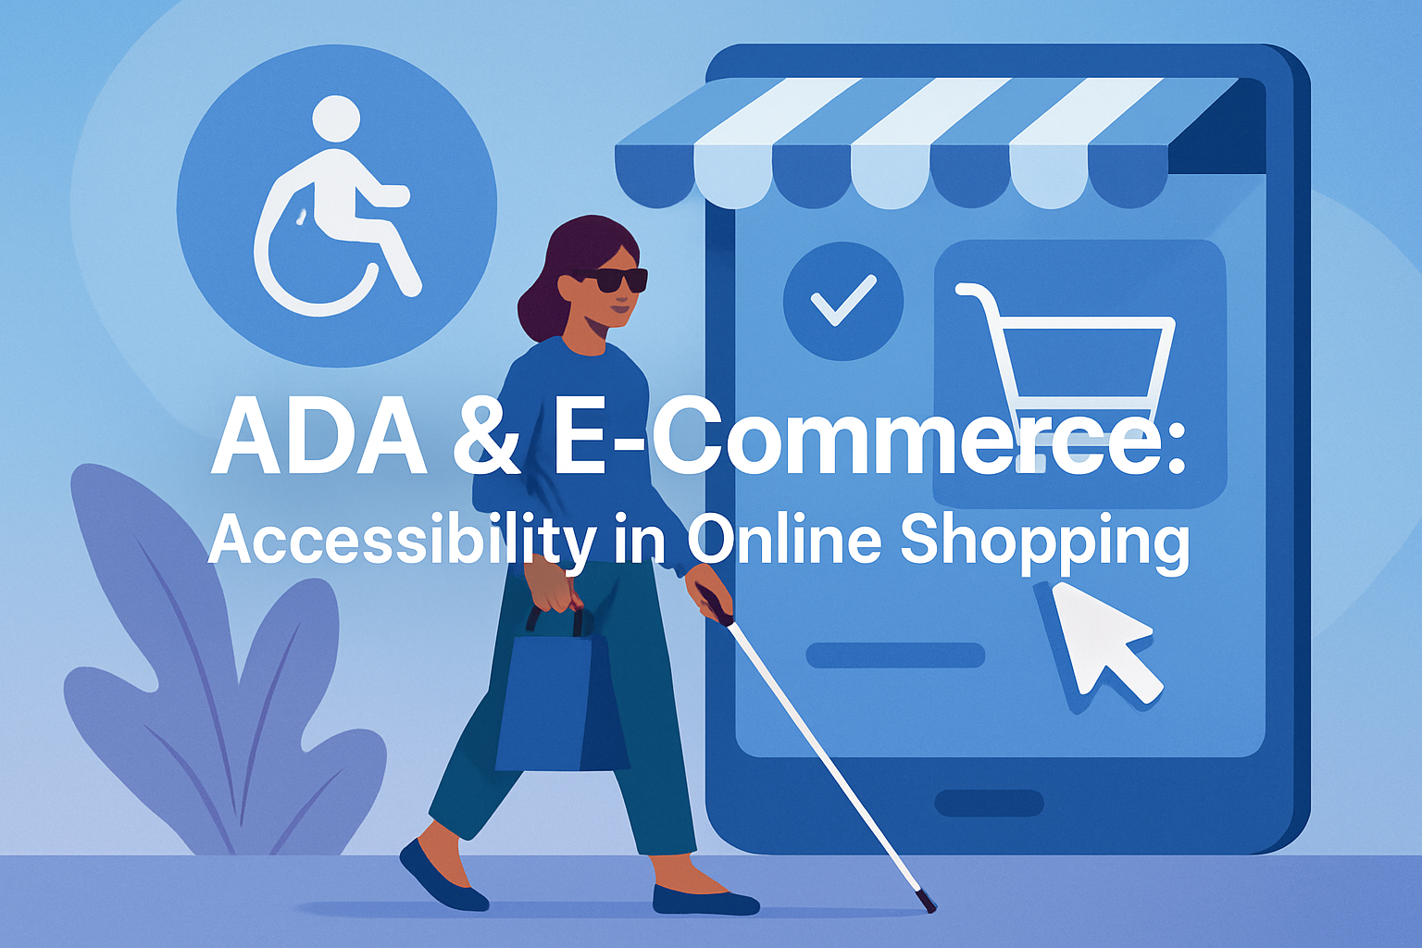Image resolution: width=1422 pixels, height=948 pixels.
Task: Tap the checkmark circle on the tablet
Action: pyautogui.click(x=842, y=301)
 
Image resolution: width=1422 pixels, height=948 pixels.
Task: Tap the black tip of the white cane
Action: pyautogui.click(x=925, y=902)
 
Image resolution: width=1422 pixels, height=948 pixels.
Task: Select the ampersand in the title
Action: pyautogui.click(x=487, y=439)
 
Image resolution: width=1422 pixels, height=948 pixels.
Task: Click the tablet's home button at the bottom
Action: pyautogui.click(x=989, y=803)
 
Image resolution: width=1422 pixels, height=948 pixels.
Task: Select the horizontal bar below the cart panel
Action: pyautogui.click(x=895, y=655)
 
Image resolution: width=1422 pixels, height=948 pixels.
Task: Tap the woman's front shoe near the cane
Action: pyautogui.click(x=704, y=900)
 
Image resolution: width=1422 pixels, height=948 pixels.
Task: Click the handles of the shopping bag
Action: pyautogui.click(x=555, y=617)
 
